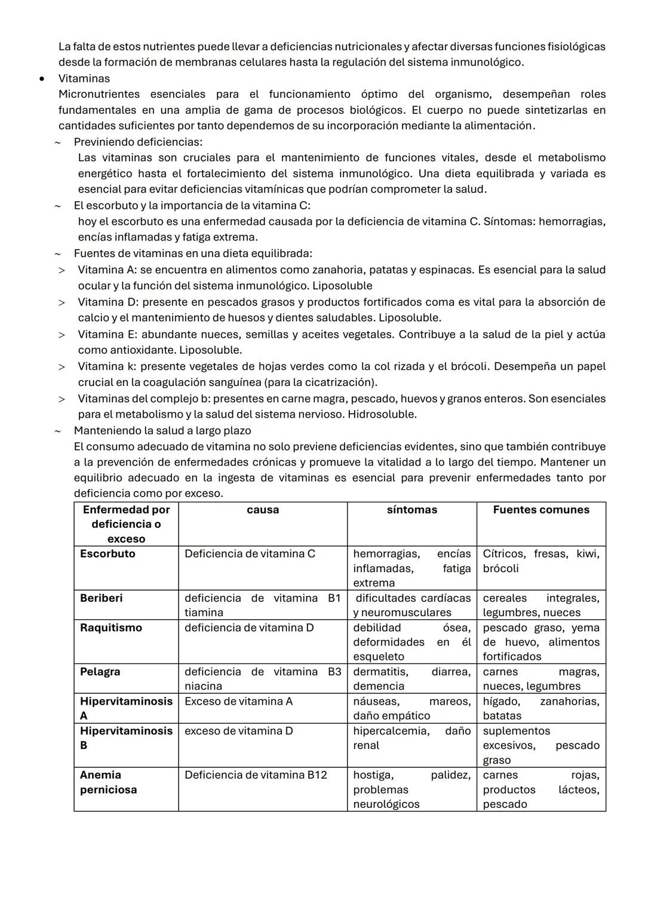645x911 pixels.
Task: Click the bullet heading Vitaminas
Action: [x=84, y=78]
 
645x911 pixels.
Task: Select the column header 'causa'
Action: [x=262, y=510]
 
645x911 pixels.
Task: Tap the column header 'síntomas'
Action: [x=411, y=510]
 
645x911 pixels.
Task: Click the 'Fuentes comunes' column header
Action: [x=540, y=510]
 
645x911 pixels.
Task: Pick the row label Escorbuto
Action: [x=107, y=554]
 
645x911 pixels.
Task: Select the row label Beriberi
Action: [x=101, y=598]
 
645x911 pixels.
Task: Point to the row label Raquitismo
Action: [x=110, y=628]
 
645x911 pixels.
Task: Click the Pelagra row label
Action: [x=100, y=672]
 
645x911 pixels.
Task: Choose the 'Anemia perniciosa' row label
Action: [x=108, y=782]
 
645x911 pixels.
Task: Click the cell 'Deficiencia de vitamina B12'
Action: [x=256, y=775]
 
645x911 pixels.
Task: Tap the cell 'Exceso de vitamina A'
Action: [x=238, y=702]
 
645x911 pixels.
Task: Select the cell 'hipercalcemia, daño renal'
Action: [x=411, y=738]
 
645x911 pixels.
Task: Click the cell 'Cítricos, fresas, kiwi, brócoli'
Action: [x=540, y=561]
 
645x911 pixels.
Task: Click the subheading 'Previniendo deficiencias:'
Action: [x=138, y=142]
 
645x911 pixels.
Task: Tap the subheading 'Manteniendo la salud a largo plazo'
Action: [x=162, y=431]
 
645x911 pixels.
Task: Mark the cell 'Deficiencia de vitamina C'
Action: [x=250, y=554]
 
